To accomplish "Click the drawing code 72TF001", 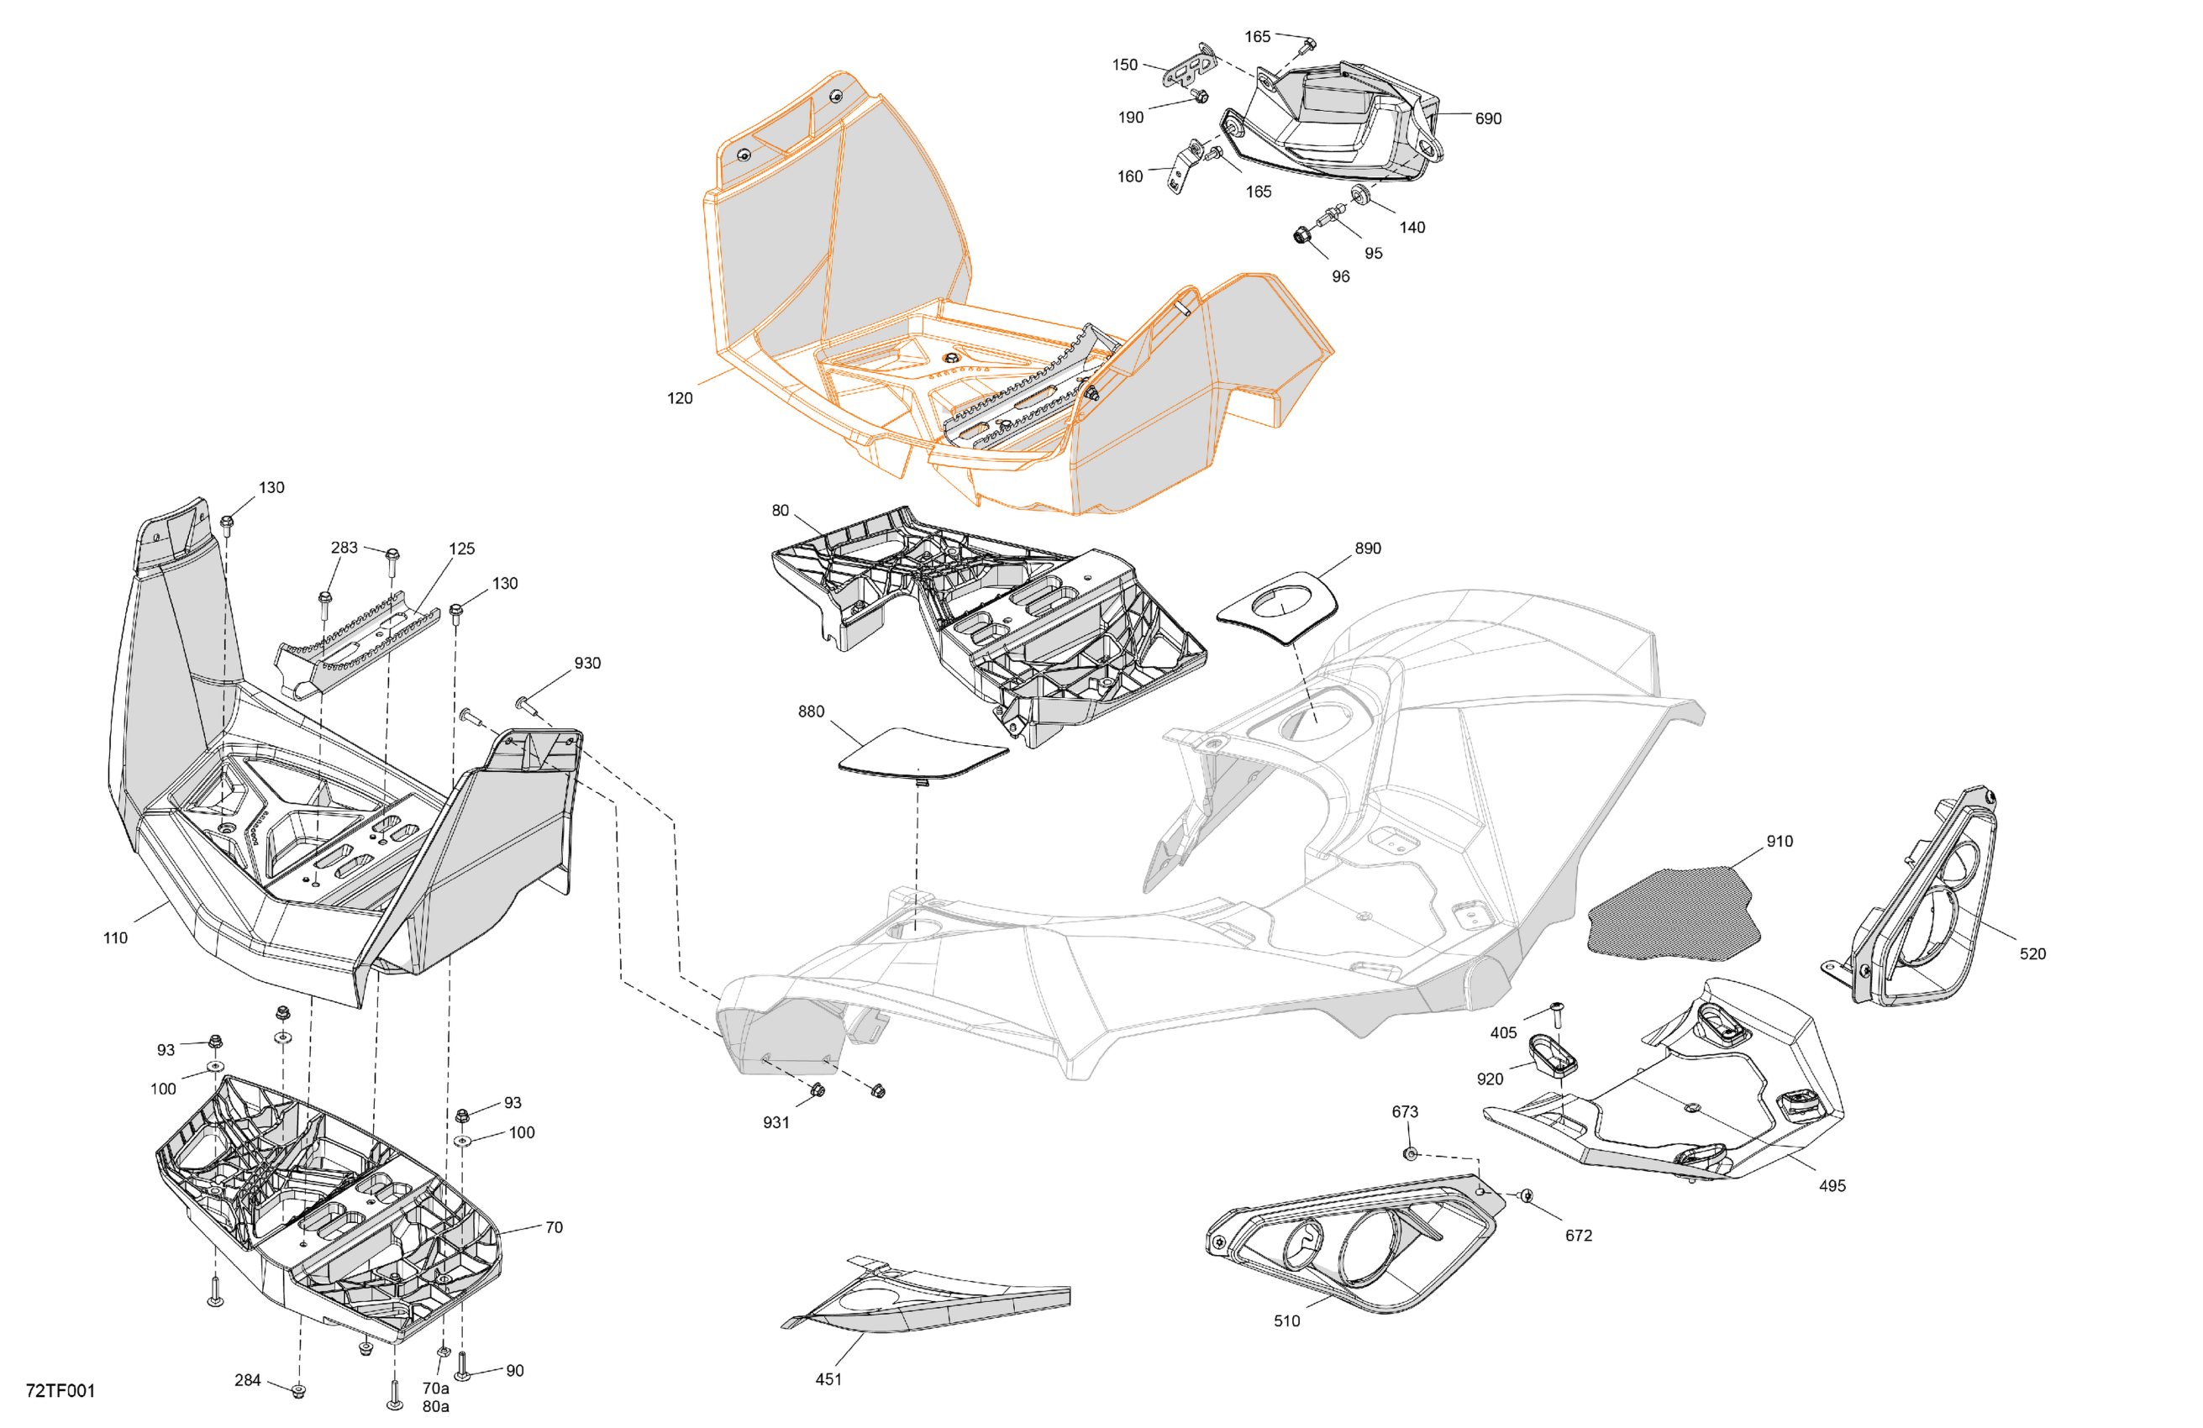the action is pyautogui.click(x=60, y=1390).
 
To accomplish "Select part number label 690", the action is pyautogui.click(x=1487, y=118).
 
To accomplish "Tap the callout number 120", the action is pyautogui.click(x=680, y=398).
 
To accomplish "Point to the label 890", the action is pyautogui.click(x=1367, y=548).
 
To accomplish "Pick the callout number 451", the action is pyautogui.click(x=828, y=1379).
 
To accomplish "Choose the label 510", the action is pyautogui.click(x=1286, y=1320).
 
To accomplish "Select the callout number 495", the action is pyautogui.click(x=1832, y=1185).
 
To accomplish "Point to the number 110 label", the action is pyautogui.click(x=115, y=937).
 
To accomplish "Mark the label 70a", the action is pyautogui.click(x=435, y=1389).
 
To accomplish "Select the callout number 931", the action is pyautogui.click(x=776, y=1122).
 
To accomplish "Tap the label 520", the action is pyautogui.click(x=2032, y=953).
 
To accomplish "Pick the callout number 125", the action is pyautogui.click(x=461, y=548).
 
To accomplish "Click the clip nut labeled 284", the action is pyautogui.click(x=298, y=1390).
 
